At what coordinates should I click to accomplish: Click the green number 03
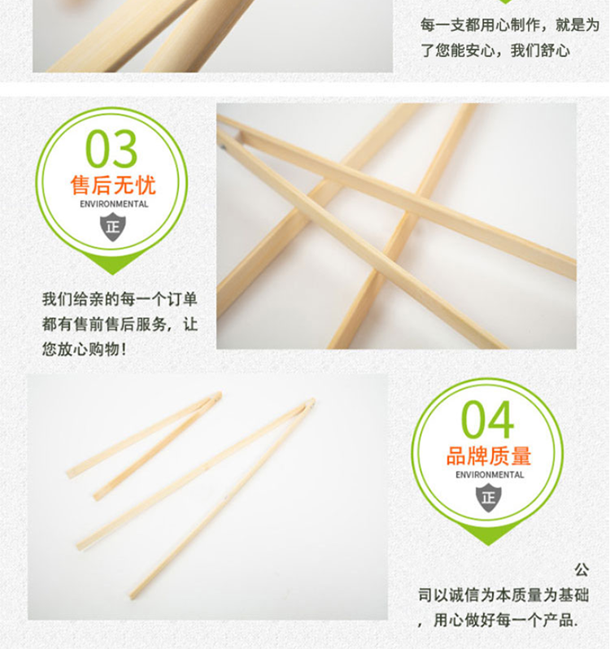pos(111,148)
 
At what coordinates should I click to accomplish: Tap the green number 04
pos(487,419)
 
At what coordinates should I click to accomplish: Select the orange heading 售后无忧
pos(113,185)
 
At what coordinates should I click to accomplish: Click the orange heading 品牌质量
pos(489,455)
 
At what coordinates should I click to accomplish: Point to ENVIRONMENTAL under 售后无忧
pos(114,204)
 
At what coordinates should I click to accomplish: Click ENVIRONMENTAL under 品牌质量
pos(490,475)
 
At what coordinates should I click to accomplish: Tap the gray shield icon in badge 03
pos(112,227)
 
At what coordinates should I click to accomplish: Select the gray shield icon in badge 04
pos(488,498)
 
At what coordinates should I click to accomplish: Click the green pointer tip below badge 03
pos(112,274)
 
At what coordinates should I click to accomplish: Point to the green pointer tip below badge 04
pos(488,545)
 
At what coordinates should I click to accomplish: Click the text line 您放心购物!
pos(84,350)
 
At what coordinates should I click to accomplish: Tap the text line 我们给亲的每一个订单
pos(120,298)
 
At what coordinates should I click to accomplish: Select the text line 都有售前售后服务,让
pos(120,324)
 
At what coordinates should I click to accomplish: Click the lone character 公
pos(582,570)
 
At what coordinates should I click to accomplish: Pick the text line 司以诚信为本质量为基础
pos(503,595)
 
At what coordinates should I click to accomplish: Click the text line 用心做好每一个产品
pos(505,620)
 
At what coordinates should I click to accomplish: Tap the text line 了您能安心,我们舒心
pos(495,50)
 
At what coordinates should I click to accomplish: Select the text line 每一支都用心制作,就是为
pos(510,25)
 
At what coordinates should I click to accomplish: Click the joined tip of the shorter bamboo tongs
pos(219,394)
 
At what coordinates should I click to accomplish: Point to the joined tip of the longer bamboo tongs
pos(312,402)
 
